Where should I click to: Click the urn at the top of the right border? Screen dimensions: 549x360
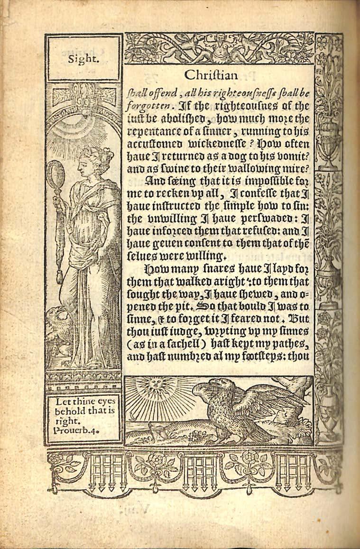(x=329, y=150)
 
